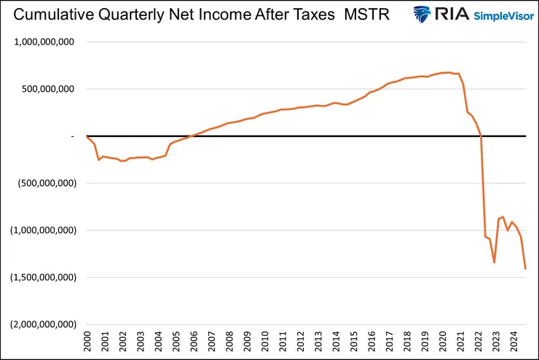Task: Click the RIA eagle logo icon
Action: click(x=424, y=15)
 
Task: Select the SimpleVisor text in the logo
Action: click(x=492, y=15)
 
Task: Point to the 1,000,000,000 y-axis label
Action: click(x=44, y=42)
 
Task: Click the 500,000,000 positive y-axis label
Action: click(x=49, y=89)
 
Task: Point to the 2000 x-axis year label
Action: click(x=87, y=340)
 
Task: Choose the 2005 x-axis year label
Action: click(x=177, y=340)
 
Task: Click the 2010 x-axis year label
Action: click(x=267, y=340)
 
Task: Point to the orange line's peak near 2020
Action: click(x=449, y=72)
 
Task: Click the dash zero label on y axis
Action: click(x=73, y=136)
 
